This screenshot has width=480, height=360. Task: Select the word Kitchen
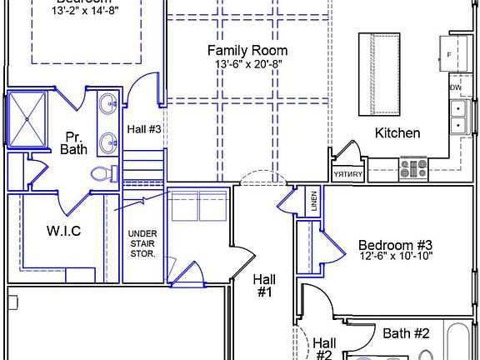point(397,132)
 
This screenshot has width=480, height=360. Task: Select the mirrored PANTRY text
point(347,174)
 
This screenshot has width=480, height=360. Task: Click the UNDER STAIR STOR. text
point(142,242)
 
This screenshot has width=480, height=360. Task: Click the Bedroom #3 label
point(396,245)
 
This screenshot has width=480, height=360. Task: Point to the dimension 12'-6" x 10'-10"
point(396,258)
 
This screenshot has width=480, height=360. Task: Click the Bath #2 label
point(406,333)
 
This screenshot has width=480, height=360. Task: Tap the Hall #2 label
point(324,348)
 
